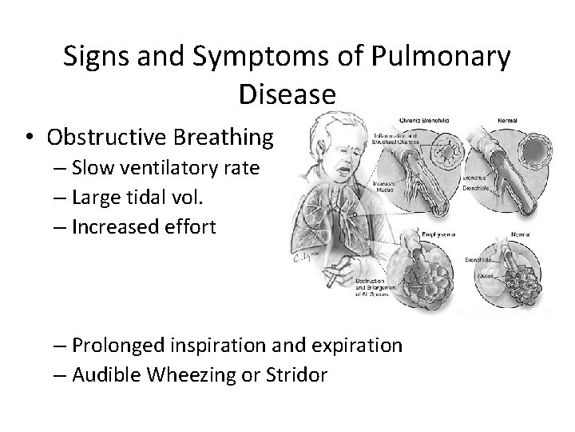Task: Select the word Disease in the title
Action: point(287,95)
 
